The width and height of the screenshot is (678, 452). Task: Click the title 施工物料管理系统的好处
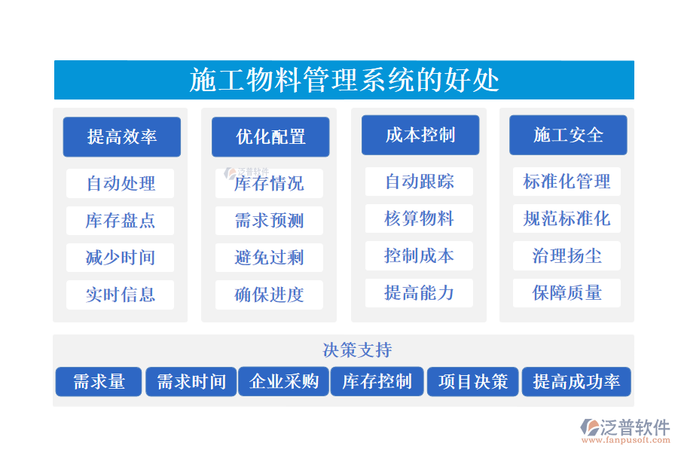coord(344,80)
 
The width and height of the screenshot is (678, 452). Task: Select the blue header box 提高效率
coord(121,136)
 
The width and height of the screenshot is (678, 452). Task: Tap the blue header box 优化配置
coord(270,136)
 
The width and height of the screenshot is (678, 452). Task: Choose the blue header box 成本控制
coord(420,135)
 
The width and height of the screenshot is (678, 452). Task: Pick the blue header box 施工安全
coord(568,135)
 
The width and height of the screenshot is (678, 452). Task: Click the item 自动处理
coord(121,183)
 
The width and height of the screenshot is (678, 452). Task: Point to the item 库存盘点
coord(121,220)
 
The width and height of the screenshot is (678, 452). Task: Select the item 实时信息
coord(121,295)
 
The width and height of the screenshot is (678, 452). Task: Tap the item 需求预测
coord(269,220)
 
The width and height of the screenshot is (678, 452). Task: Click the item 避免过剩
coord(269,258)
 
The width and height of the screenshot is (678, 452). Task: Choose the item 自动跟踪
coord(419,182)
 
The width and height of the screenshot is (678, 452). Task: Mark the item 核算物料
coord(419,218)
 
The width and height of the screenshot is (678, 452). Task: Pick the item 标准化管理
coord(567,182)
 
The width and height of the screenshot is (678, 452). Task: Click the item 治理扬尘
coord(567,255)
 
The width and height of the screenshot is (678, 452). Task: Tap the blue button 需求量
coord(99,382)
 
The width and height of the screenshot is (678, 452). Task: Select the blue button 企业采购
coord(284,382)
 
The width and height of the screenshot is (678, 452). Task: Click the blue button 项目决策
coord(473,382)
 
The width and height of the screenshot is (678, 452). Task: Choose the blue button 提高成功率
coord(576,382)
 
